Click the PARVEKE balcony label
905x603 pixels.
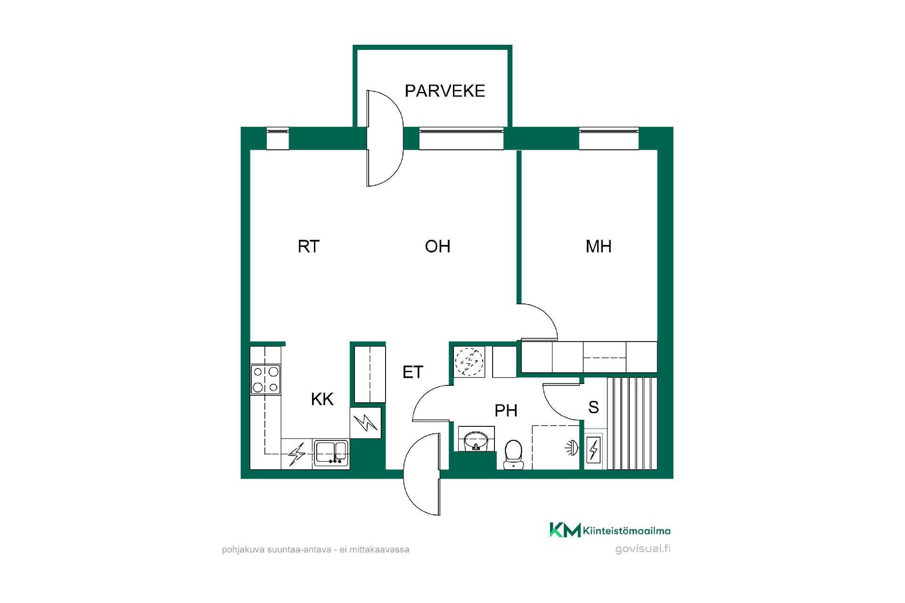point(445,90)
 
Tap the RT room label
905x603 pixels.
point(309,246)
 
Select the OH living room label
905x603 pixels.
point(437,246)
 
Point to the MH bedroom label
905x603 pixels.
point(599,246)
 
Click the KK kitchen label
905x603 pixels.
point(322,399)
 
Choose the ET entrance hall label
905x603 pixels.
point(413,372)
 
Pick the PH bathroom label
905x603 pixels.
point(506,411)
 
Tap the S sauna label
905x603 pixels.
point(593,407)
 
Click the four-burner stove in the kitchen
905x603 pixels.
point(265,380)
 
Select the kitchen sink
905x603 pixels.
point(331,453)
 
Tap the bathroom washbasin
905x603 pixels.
point(476,439)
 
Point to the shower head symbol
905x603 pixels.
point(571,448)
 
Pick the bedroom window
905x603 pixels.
point(609,139)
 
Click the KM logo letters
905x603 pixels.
point(565,530)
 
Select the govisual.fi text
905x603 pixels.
point(643,549)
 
